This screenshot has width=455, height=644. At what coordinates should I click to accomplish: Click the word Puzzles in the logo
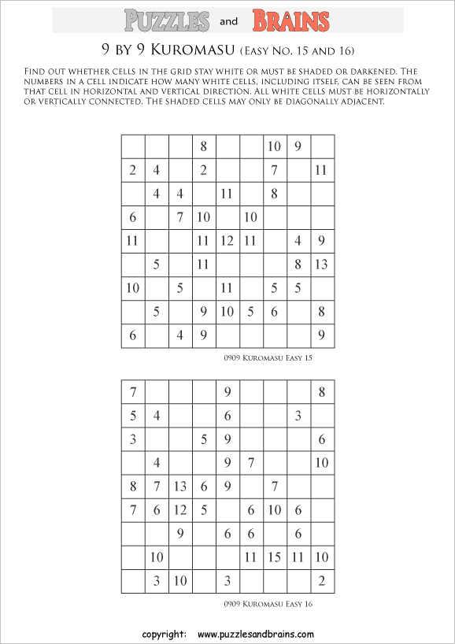click(x=166, y=20)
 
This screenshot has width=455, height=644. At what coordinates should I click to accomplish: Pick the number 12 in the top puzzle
click(x=227, y=241)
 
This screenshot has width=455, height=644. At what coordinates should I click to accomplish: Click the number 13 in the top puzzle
click(x=321, y=265)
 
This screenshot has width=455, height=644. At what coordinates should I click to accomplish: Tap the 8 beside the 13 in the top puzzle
click(x=298, y=265)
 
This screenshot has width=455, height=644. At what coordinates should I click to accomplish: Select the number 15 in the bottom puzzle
click(x=275, y=557)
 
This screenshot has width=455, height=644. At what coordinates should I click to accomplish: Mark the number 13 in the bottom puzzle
click(x=180, y=487)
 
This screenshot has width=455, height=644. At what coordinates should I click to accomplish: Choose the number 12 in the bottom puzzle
click(x=180, y=510)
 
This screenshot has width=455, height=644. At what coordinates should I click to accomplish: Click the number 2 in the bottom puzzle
click(x=322, y=581)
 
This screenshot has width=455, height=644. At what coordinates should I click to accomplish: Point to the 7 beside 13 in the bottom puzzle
click(x=157, y=487)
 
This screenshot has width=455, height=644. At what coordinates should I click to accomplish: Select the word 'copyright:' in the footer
click(x=164, y=634)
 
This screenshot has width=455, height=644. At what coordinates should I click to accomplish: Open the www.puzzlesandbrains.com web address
click(x=256, y=634)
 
